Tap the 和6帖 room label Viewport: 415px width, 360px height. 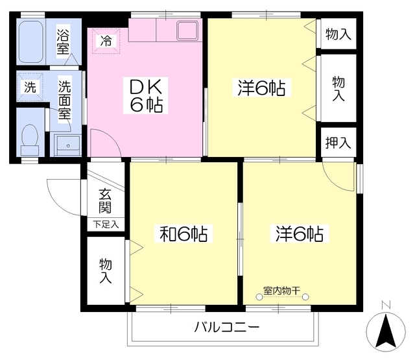click(184, 234)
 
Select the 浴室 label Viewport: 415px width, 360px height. click(64, 40)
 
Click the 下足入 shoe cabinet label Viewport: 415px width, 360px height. click(106, 224)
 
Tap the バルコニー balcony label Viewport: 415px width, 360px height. click(227, 326)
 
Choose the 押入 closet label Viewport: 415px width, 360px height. click(338, 142)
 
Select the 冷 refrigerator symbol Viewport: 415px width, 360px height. click(106, 40)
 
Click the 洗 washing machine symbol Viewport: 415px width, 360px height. click(30, 87)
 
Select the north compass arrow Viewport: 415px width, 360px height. click(387, 331)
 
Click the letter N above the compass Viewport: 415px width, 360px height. click(386, 305)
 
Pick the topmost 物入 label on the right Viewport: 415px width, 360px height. click(338, 34)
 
